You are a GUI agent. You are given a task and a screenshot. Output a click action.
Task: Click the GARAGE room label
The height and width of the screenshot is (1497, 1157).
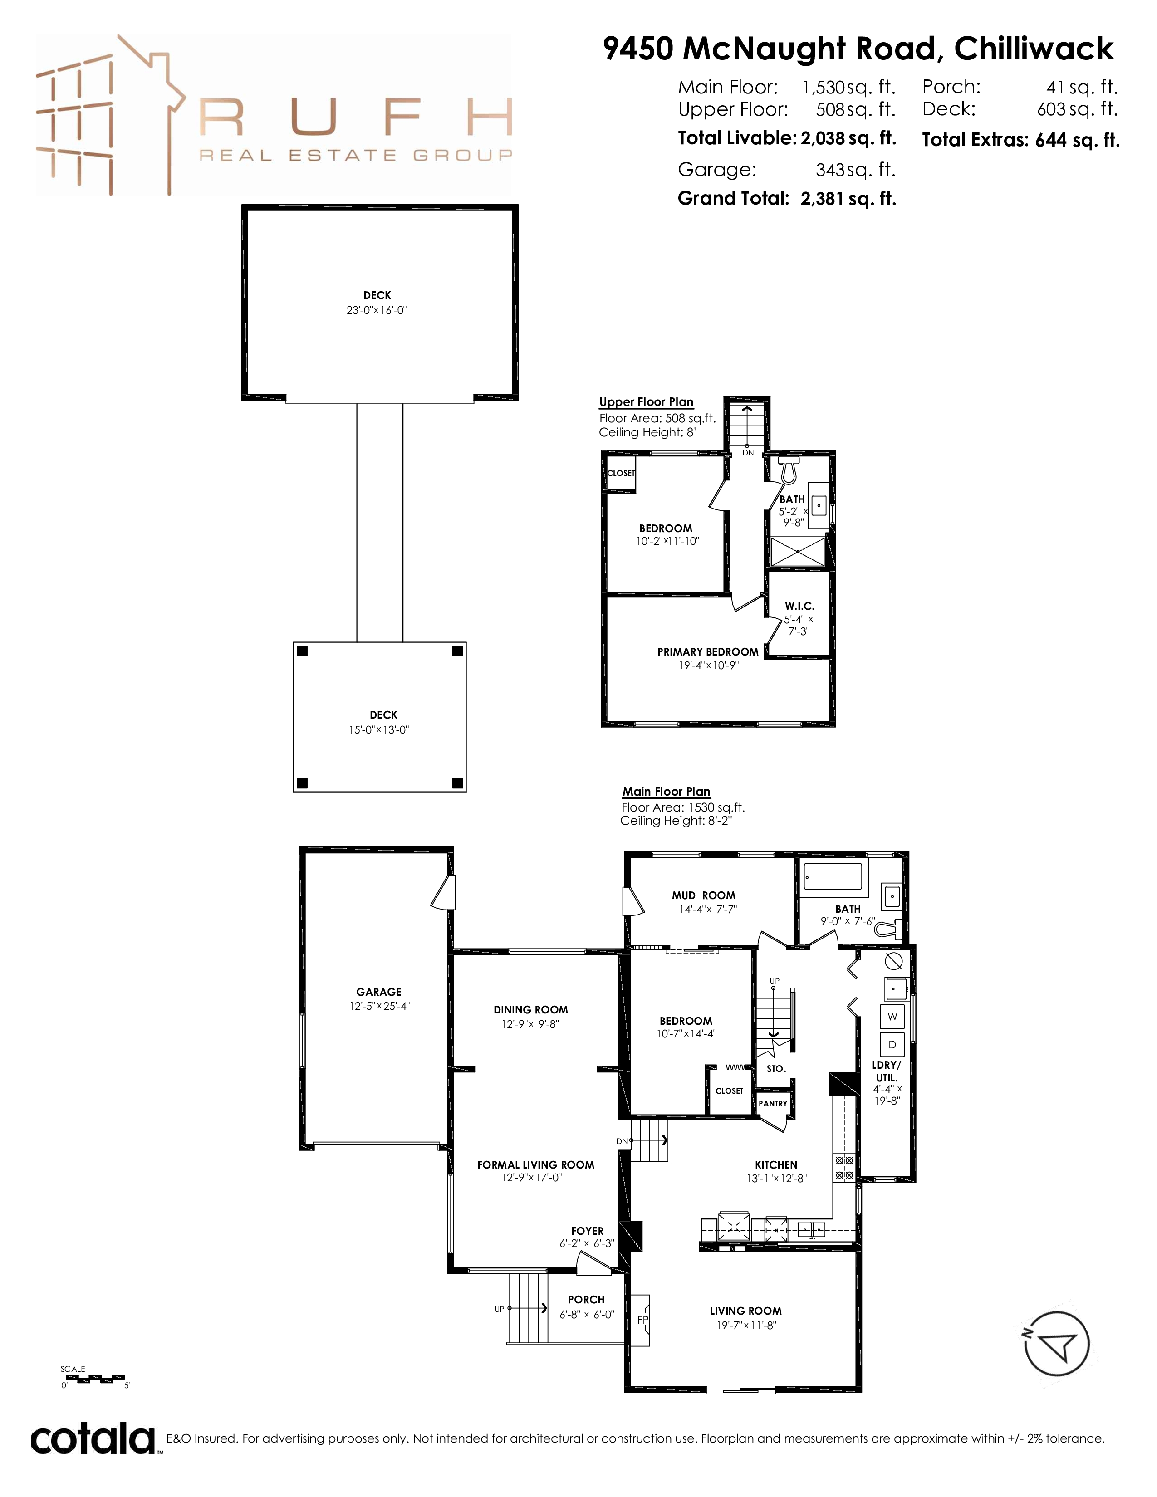coord(379,992)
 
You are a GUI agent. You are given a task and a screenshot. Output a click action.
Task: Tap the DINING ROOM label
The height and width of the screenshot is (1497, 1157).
coord(530,1010)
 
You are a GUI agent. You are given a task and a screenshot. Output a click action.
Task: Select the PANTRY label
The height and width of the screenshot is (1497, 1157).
coord(773,1104)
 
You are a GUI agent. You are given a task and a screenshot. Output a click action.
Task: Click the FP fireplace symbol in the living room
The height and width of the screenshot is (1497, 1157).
coord(642,1320)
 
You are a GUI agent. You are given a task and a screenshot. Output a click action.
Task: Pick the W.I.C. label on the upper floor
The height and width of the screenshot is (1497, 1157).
coord(799,606)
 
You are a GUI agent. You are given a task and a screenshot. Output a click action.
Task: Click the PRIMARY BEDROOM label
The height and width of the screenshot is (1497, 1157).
coord(708,652)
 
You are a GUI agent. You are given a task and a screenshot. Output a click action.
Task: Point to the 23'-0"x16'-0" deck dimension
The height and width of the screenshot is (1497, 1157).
coord(377,310)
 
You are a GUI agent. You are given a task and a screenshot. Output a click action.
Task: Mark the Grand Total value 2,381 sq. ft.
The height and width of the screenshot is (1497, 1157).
coord(848,199)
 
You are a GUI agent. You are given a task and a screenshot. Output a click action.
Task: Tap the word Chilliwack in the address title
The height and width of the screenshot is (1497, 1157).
coord(1034,49)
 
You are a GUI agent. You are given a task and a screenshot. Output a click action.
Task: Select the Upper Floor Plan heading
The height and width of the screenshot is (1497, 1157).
coord(647,402)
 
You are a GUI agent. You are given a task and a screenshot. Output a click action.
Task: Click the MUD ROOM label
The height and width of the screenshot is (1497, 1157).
coord(703,895)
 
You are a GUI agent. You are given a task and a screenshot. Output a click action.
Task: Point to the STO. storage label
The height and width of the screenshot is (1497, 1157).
coord(776,1069)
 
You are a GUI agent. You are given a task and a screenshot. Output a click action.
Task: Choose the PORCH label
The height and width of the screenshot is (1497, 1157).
coord(586,1300)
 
